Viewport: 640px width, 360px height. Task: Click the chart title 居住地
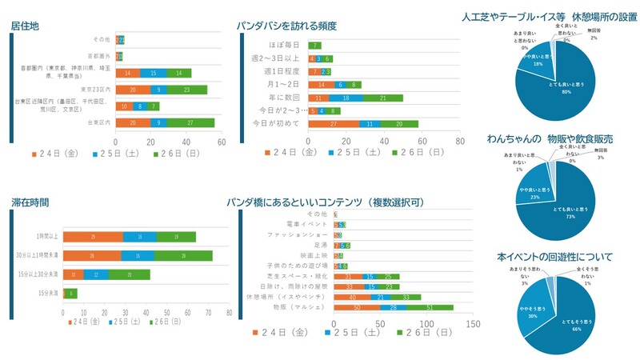coord(26,26)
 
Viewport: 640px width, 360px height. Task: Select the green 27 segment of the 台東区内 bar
coord(191,122)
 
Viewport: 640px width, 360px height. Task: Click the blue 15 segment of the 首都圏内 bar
coord(153,73)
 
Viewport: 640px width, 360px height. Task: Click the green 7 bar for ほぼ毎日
coord(317,46)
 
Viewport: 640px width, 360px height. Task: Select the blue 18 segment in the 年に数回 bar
coord(346,98)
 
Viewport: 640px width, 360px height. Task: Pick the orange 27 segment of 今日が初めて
coord(334,124)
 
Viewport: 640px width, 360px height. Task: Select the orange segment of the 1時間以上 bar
coord(93,237)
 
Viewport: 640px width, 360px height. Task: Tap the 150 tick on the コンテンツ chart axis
coord(473,324)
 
